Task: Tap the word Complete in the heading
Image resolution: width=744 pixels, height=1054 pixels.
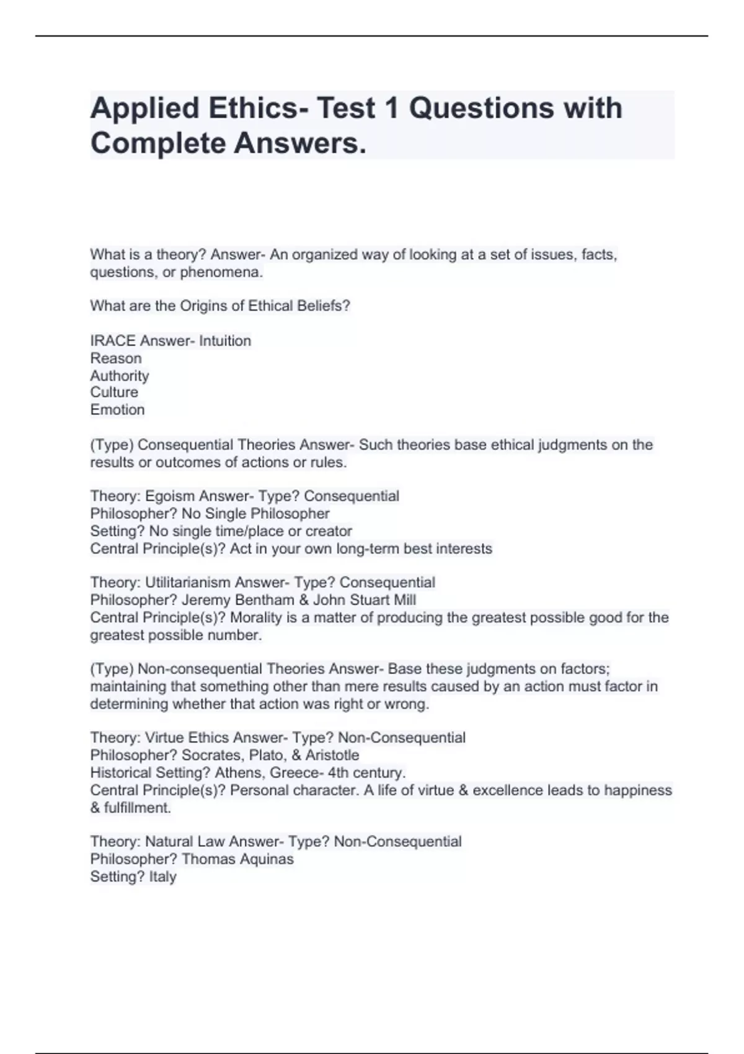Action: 157,143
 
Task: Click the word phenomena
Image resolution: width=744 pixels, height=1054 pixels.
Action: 221,272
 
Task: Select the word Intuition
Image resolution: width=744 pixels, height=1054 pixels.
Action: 225,341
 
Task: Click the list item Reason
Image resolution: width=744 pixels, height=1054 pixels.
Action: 116,358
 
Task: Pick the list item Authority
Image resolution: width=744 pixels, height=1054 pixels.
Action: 120,376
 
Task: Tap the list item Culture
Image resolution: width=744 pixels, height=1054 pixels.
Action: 114,392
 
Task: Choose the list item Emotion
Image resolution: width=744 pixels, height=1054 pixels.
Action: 117,410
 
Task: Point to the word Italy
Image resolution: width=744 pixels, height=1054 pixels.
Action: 163,877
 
